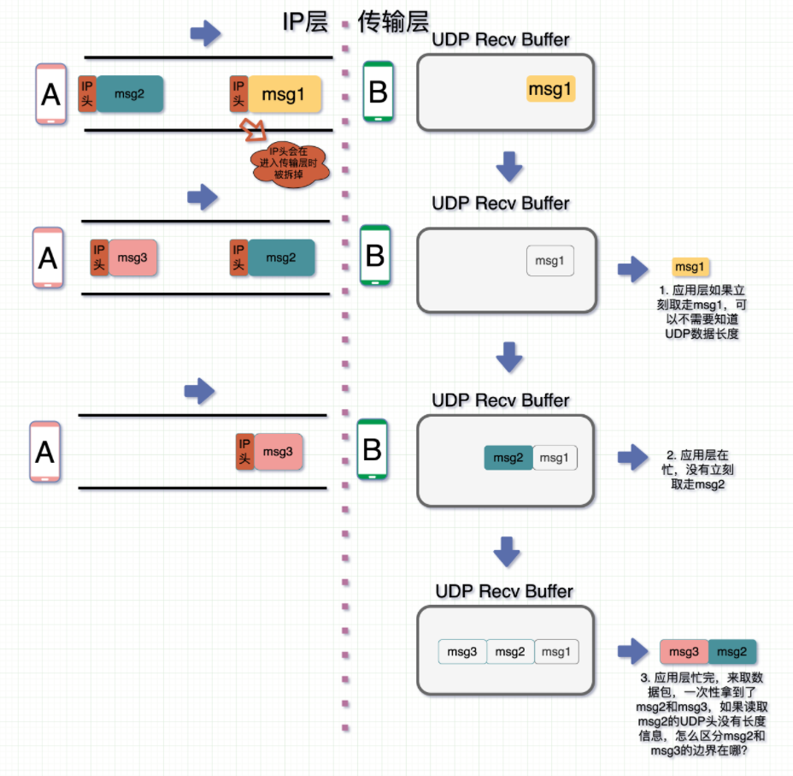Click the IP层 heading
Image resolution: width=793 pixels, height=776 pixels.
click(305, 22)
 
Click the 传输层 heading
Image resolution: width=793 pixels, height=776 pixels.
click(393, 22)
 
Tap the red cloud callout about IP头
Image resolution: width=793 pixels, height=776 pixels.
click(290, 163)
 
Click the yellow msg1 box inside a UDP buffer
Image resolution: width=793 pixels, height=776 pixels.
click(550, 89)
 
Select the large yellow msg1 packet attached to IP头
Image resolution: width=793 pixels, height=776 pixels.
click(285, 95)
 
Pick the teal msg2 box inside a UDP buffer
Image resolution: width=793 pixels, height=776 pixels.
click(508, 458)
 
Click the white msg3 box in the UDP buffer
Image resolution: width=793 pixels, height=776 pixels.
click(462, 652)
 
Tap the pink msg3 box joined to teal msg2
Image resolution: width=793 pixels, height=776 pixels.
click(684, 652)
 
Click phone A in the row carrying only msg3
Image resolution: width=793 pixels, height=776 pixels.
click(45, 451)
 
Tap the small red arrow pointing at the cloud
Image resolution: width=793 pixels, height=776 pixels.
click(253, 130)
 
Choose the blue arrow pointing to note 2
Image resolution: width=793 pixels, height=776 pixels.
click(633, 457)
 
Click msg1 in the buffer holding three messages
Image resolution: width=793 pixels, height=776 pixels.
click(556, 652)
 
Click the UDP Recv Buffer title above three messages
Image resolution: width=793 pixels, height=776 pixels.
click(504, 591)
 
